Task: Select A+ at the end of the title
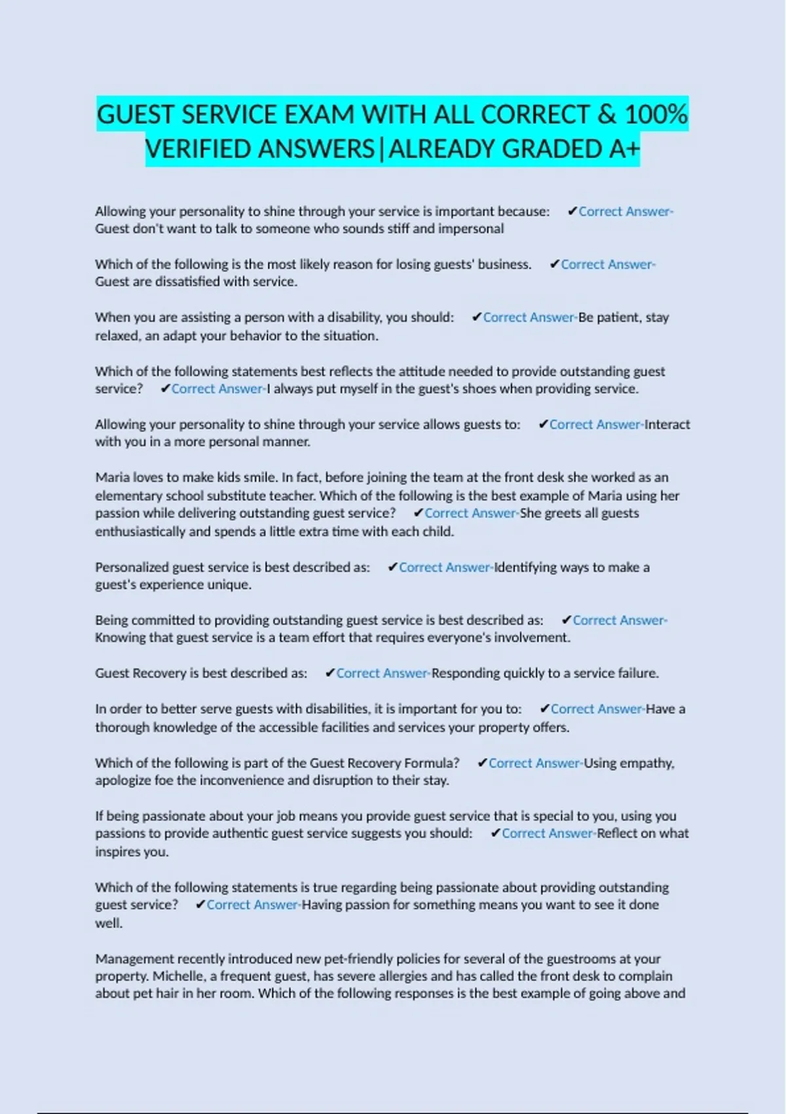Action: click(624, 149)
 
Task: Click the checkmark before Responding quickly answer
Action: click(330, 673)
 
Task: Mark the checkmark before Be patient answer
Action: click(477, 317)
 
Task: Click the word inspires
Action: click(123, 852)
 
